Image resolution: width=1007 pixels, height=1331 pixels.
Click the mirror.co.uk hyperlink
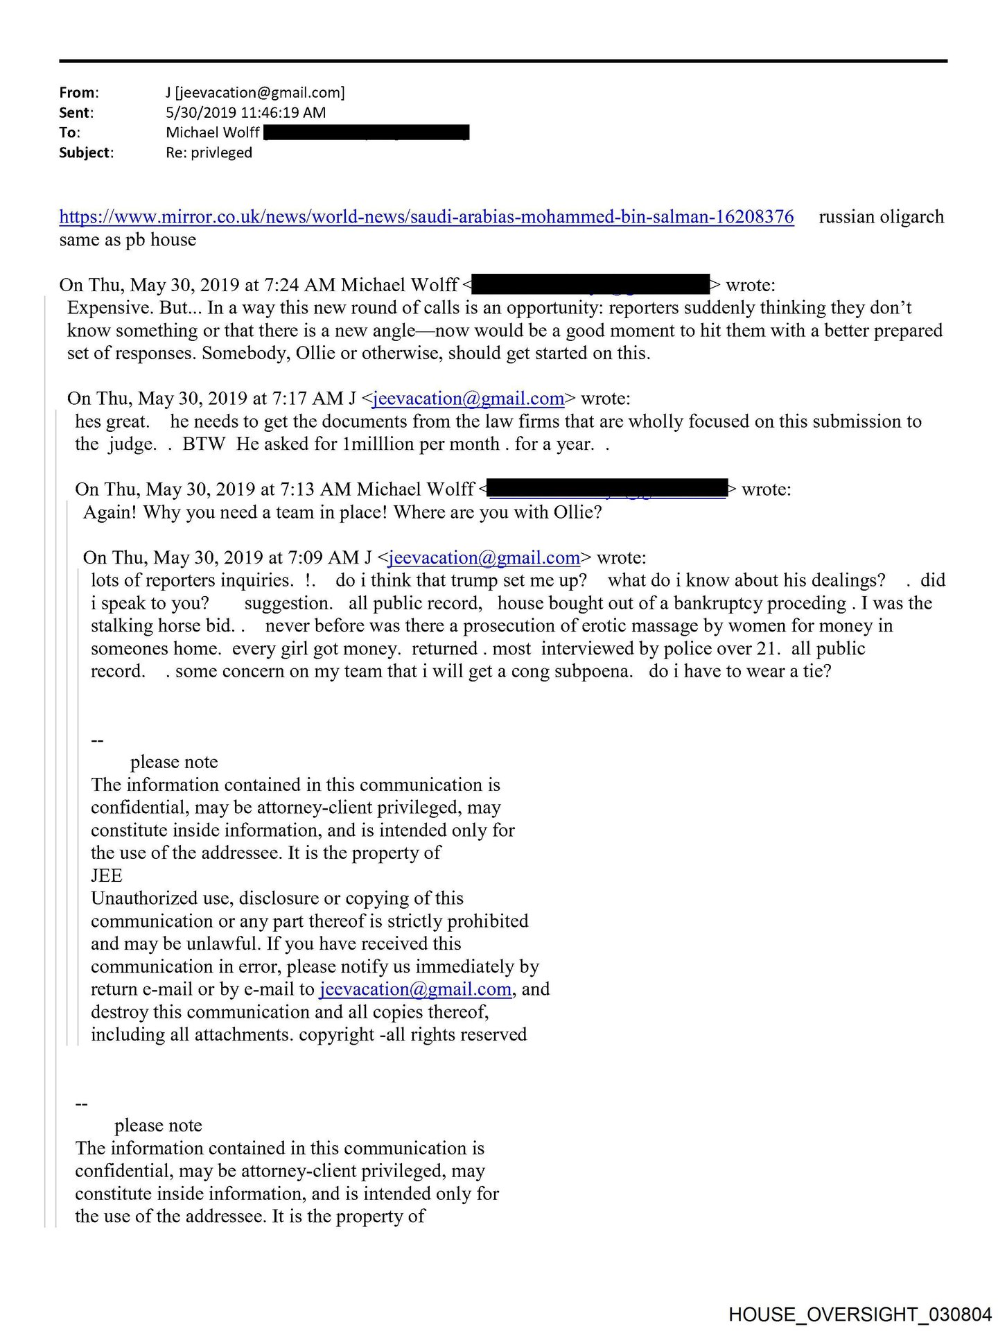[426, 217]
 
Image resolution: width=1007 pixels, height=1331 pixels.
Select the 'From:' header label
[79, 93]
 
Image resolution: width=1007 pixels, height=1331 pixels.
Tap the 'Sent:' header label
[76, 113]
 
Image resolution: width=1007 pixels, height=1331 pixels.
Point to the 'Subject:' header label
[86, 153]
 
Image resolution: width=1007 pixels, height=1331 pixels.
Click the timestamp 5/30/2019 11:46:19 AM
[245, 113]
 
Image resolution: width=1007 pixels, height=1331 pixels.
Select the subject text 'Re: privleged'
[209, 153]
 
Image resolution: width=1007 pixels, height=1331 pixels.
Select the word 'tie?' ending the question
[816, 671]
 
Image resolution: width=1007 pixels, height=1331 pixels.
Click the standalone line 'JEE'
[107, 876]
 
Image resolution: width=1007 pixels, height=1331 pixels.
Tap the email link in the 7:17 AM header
[469, 399]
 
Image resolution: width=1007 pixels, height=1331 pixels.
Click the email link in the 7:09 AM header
[484, 558]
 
